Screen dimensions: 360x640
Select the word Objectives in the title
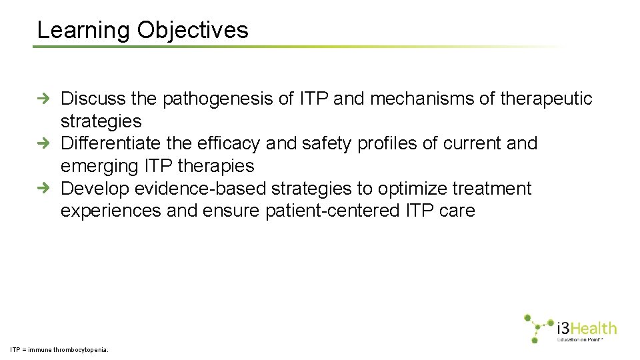pyautogui.click(x=193, y=31)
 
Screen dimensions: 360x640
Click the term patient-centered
pyautogui.click(x=333, y=211)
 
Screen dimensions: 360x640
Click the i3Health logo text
pyautogui.click(x=586, y=328)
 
